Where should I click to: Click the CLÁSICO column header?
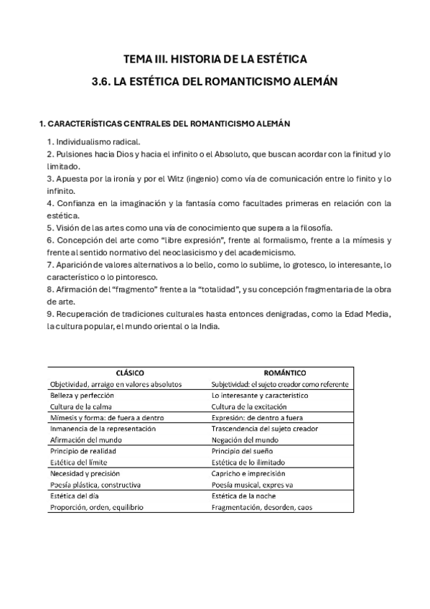[131, 373]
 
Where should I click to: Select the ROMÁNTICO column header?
[286, 373]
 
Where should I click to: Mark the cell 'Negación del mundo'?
[246, 440]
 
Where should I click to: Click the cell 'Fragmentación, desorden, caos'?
[262, 507]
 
